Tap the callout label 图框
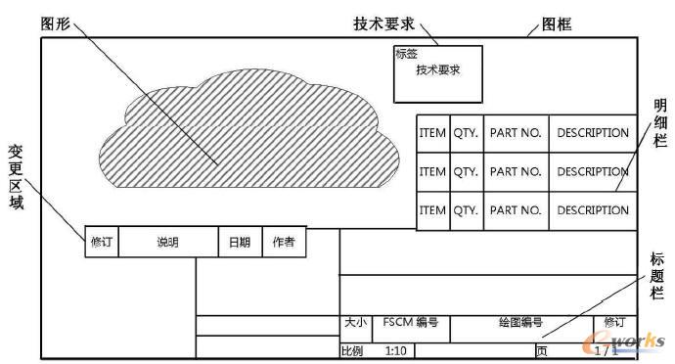[557, 23]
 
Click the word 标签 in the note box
[406, 55]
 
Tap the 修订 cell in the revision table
[102, 242]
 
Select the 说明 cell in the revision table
[167, 242]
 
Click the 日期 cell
[240, 242]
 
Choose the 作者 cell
[284, 242]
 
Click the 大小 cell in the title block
[354, 321]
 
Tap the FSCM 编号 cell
[410, 321]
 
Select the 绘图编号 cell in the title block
[519, 321]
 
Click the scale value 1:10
[396, 349]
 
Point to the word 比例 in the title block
[351, 349]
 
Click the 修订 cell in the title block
[613, 321]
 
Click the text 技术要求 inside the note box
[437, 70]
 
